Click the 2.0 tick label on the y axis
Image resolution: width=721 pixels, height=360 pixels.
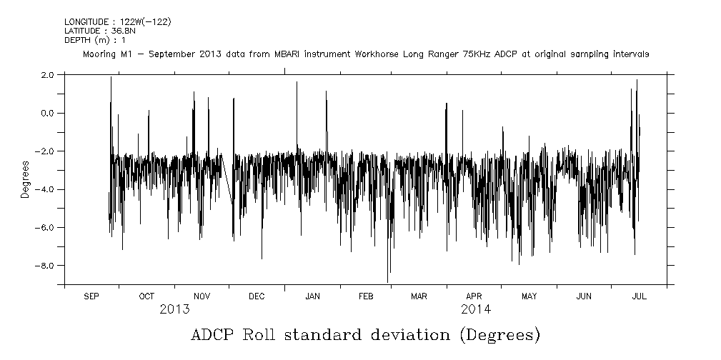(49, 75)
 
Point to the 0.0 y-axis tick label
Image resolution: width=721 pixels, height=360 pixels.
(49, 113)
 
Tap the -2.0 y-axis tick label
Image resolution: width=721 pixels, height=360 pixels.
(46, 151)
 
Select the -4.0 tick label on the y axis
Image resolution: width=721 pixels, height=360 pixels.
(46, 189)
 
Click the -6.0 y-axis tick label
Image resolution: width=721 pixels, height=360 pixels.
(46, 227)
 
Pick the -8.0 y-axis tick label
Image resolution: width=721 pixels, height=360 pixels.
(46, 266)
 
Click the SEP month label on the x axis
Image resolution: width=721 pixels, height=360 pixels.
(91, 296)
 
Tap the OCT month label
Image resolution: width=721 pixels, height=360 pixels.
(146, 296)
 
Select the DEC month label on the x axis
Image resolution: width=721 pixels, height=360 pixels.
(257, 296)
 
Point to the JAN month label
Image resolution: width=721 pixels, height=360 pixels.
(312, 296)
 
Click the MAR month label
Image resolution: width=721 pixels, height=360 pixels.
(419, 296)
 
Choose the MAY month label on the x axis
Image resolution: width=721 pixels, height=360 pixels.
(529, 296)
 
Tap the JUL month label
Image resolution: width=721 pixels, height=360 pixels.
(639, 296)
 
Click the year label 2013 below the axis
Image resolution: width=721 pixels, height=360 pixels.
(174, 310)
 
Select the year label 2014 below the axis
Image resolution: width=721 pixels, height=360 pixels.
(475, 310)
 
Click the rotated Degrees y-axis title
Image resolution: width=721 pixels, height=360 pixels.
(26, 179)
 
